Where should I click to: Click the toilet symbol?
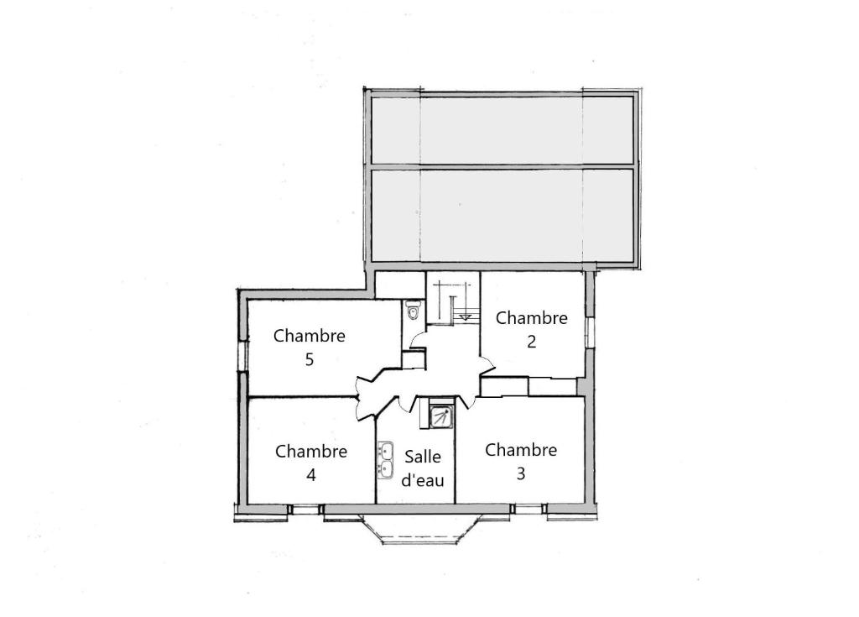[414, 310]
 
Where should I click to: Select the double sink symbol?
[386, 459]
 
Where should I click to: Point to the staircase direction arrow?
[465, 316]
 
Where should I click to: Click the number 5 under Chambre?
[310, 360]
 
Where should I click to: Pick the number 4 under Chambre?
[310, 475]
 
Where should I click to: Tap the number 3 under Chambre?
[520, 473]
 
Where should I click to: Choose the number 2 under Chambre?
[531, 342]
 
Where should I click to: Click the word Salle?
[423, 457]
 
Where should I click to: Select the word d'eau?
[423, 480]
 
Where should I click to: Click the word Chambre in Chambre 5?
[310, 336]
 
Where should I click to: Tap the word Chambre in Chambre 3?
[521, 450]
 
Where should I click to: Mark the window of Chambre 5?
[242, 356]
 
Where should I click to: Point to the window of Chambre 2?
[590, 332]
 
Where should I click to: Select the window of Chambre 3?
[529, 510]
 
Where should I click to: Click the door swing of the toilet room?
[418, 340]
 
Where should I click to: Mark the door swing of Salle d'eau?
[407, 404]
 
